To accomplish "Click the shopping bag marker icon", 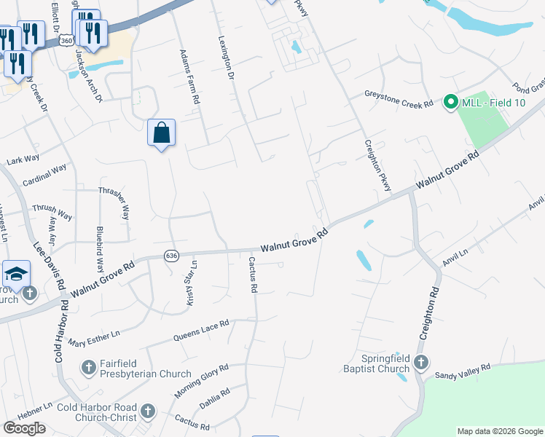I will (162, 133).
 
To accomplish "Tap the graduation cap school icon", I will (16, 275).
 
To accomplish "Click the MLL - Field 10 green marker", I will (450, 103).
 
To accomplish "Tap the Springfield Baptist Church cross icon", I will (420, 362).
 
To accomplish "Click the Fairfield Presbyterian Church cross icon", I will (89, 368).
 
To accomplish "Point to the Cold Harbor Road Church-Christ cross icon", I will (148, 412).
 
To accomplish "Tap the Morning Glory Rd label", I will (203, 380).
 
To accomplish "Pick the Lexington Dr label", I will (227, 59).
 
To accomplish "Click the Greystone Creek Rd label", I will (399, 100).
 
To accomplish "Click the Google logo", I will (24, 428).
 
